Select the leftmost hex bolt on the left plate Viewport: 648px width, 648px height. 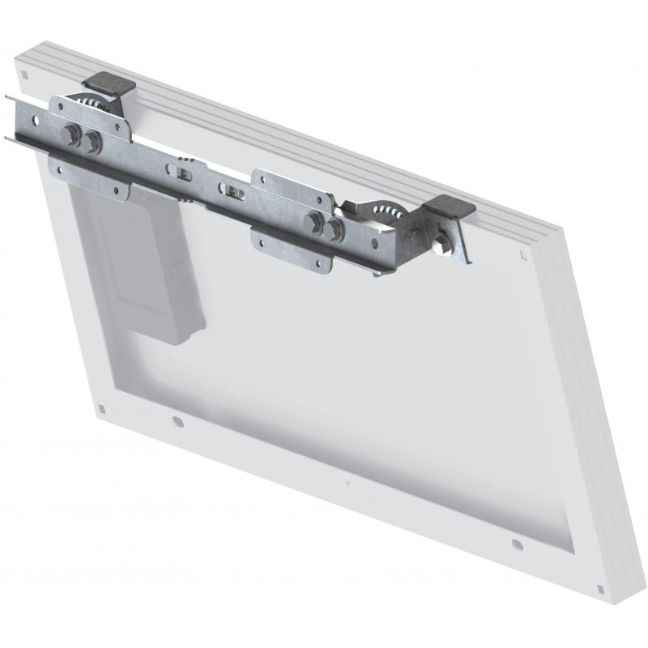(70, 136)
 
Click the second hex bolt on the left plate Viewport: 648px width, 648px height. (92, 141)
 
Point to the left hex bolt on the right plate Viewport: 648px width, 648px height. (313, 223)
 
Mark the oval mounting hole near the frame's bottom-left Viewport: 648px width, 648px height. (177, 422)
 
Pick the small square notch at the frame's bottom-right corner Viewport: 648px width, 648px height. (601, 588)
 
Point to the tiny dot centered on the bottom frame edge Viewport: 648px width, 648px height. (347, 484)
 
